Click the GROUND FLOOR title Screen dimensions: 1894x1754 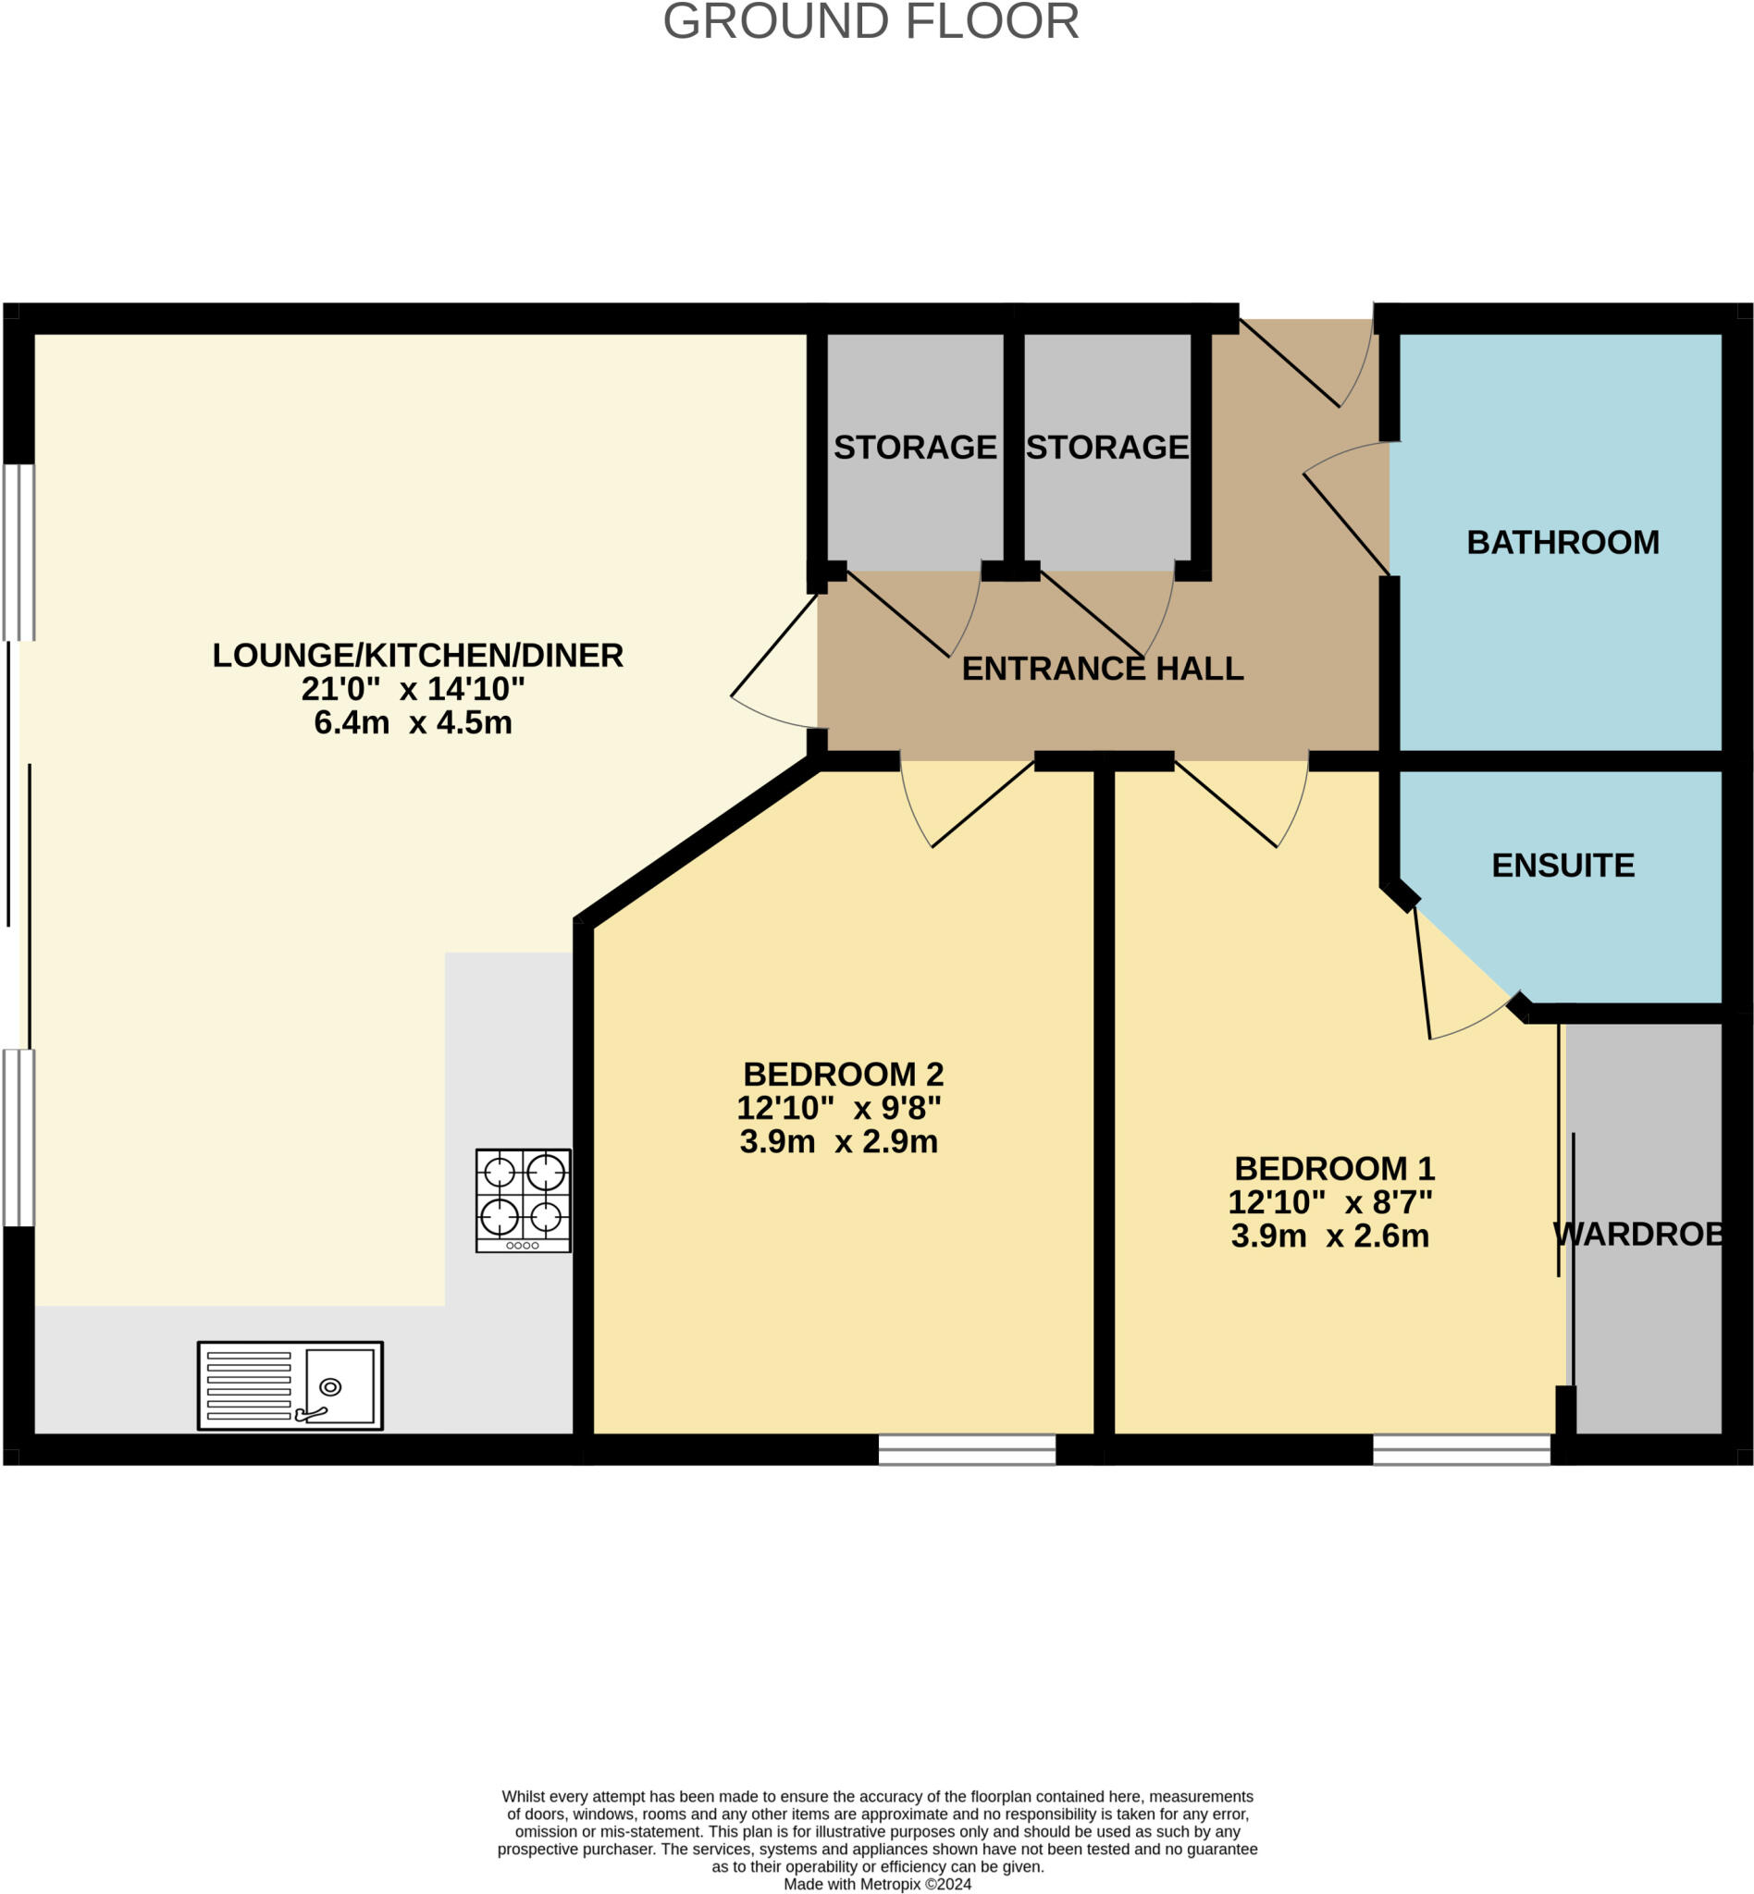[x=871, y=21]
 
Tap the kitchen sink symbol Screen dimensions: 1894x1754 [x=290, y=1385]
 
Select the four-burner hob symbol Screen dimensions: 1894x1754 [x=523, y=1200]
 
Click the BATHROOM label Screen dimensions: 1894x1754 [x=1563, y=542]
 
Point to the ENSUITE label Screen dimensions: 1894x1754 [x=1563, y=865]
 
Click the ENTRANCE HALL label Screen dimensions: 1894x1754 [x=1102, y=668]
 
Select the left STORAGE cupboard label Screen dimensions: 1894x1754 [x=915, y=447]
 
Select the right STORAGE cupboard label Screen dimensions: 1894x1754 [x=1106, y=447]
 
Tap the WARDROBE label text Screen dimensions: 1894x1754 [x=1638, y=1234]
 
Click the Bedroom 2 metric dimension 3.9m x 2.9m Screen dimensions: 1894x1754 [x=838, y=1140]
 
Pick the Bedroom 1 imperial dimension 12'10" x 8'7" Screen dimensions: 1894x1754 [x=1329, y=1201]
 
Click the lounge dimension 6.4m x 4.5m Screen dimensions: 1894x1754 [x=413, y=722]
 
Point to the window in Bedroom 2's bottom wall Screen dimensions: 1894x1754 [x=966, y=1449]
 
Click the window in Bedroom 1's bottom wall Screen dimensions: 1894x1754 [x=1461, y=1449]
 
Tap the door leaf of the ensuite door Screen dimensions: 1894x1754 [x=1422, y=972]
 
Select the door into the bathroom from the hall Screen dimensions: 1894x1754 [x=1346, y=524]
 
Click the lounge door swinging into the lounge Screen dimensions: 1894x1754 [x=773, y=646]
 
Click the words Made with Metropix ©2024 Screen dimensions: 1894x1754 [x=877, y=1884]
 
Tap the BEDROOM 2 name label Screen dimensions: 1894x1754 [x=843, y=1073]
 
